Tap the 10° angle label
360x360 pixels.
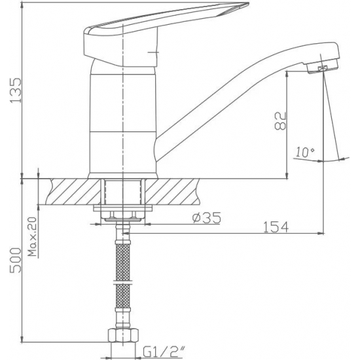[x=304, y=153]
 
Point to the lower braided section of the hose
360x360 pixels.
[x=122, y=304]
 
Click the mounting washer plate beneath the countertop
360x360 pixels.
[x=122, y=210]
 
